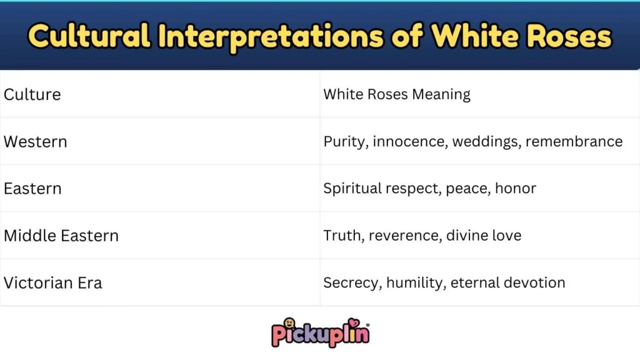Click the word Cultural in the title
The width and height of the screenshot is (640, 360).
tap(89, 36)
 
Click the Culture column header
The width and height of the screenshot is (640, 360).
tap(32, 94)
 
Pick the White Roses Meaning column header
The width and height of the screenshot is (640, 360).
tap(397, 94)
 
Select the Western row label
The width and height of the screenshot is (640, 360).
tap(36, 141)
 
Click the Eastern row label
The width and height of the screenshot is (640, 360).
tap(32, 188)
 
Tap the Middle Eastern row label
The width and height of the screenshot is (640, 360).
tap(61, 236)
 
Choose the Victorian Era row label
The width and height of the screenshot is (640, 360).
tap(53, 282)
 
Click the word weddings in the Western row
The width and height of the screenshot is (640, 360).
tap(486, 141)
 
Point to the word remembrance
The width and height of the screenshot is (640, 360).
tap(574, 141)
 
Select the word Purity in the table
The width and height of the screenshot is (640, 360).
tap(345, 141)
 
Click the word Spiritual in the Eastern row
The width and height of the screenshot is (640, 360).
tap(349, 188)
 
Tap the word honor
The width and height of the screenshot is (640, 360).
tap(516, 188)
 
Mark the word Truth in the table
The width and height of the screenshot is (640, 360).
tap(342, 236)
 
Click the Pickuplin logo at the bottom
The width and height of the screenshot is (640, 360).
tap(320, 331)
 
